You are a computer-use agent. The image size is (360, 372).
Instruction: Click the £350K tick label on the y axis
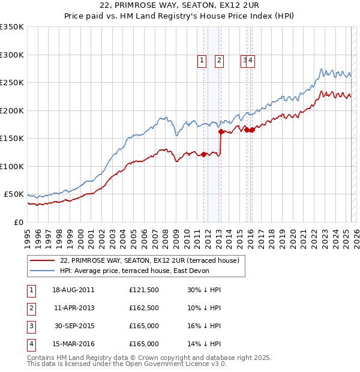click(12, 27)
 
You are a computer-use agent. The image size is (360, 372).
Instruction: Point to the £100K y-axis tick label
click(12, 166)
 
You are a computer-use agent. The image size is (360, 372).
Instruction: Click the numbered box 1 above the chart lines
click(202, 60)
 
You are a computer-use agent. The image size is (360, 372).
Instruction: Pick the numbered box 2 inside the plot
click(219, 60)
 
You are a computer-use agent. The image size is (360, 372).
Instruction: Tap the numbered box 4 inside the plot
click(251, 60)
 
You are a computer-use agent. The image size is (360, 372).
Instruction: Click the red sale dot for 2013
click(221, 131)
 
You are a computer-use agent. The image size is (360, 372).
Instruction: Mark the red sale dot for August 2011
click(203, 154)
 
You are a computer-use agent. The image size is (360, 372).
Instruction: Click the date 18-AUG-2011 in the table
click(73, 290)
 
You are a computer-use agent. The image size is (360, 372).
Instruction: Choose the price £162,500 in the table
click(144, 308)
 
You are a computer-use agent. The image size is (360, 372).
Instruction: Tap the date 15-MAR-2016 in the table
click(73, 344)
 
